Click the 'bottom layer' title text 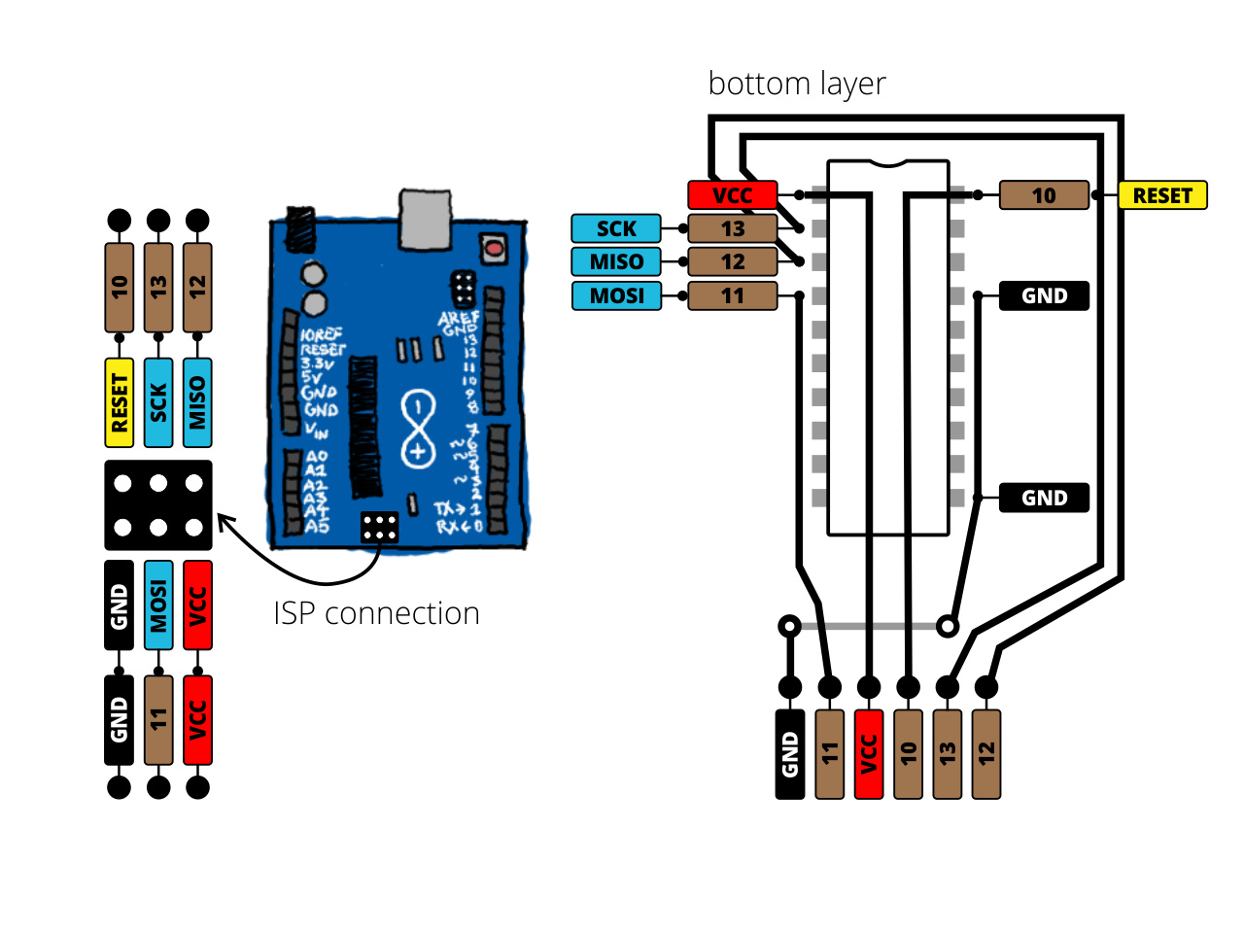tap(796, 85)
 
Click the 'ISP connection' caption tap(376, 613)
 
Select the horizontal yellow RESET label tap(1162, 195)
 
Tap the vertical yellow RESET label tap(120, 402)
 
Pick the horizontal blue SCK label tap(616, 228)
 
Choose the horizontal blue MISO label tap(616, 261)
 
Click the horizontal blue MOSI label tap(616, 295)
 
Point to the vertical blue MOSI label tap(158, 605)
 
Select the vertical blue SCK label tap(158, 402)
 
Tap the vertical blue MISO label tap(197, 402)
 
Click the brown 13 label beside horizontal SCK tap(733, 228)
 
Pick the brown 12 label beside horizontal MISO tap(733, 261)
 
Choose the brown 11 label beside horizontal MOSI tap(733, 295)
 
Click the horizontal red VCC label tap(733, 195)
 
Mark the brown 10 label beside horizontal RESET tap(1044, 195)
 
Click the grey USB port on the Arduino tap(426, 219)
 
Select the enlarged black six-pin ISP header tap(158, 505)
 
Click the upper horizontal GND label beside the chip tap(1044, 295)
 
